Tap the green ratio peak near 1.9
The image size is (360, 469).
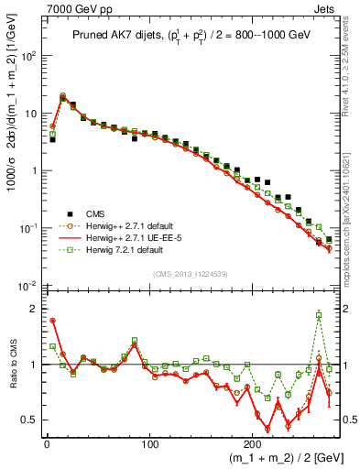(319, 314)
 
